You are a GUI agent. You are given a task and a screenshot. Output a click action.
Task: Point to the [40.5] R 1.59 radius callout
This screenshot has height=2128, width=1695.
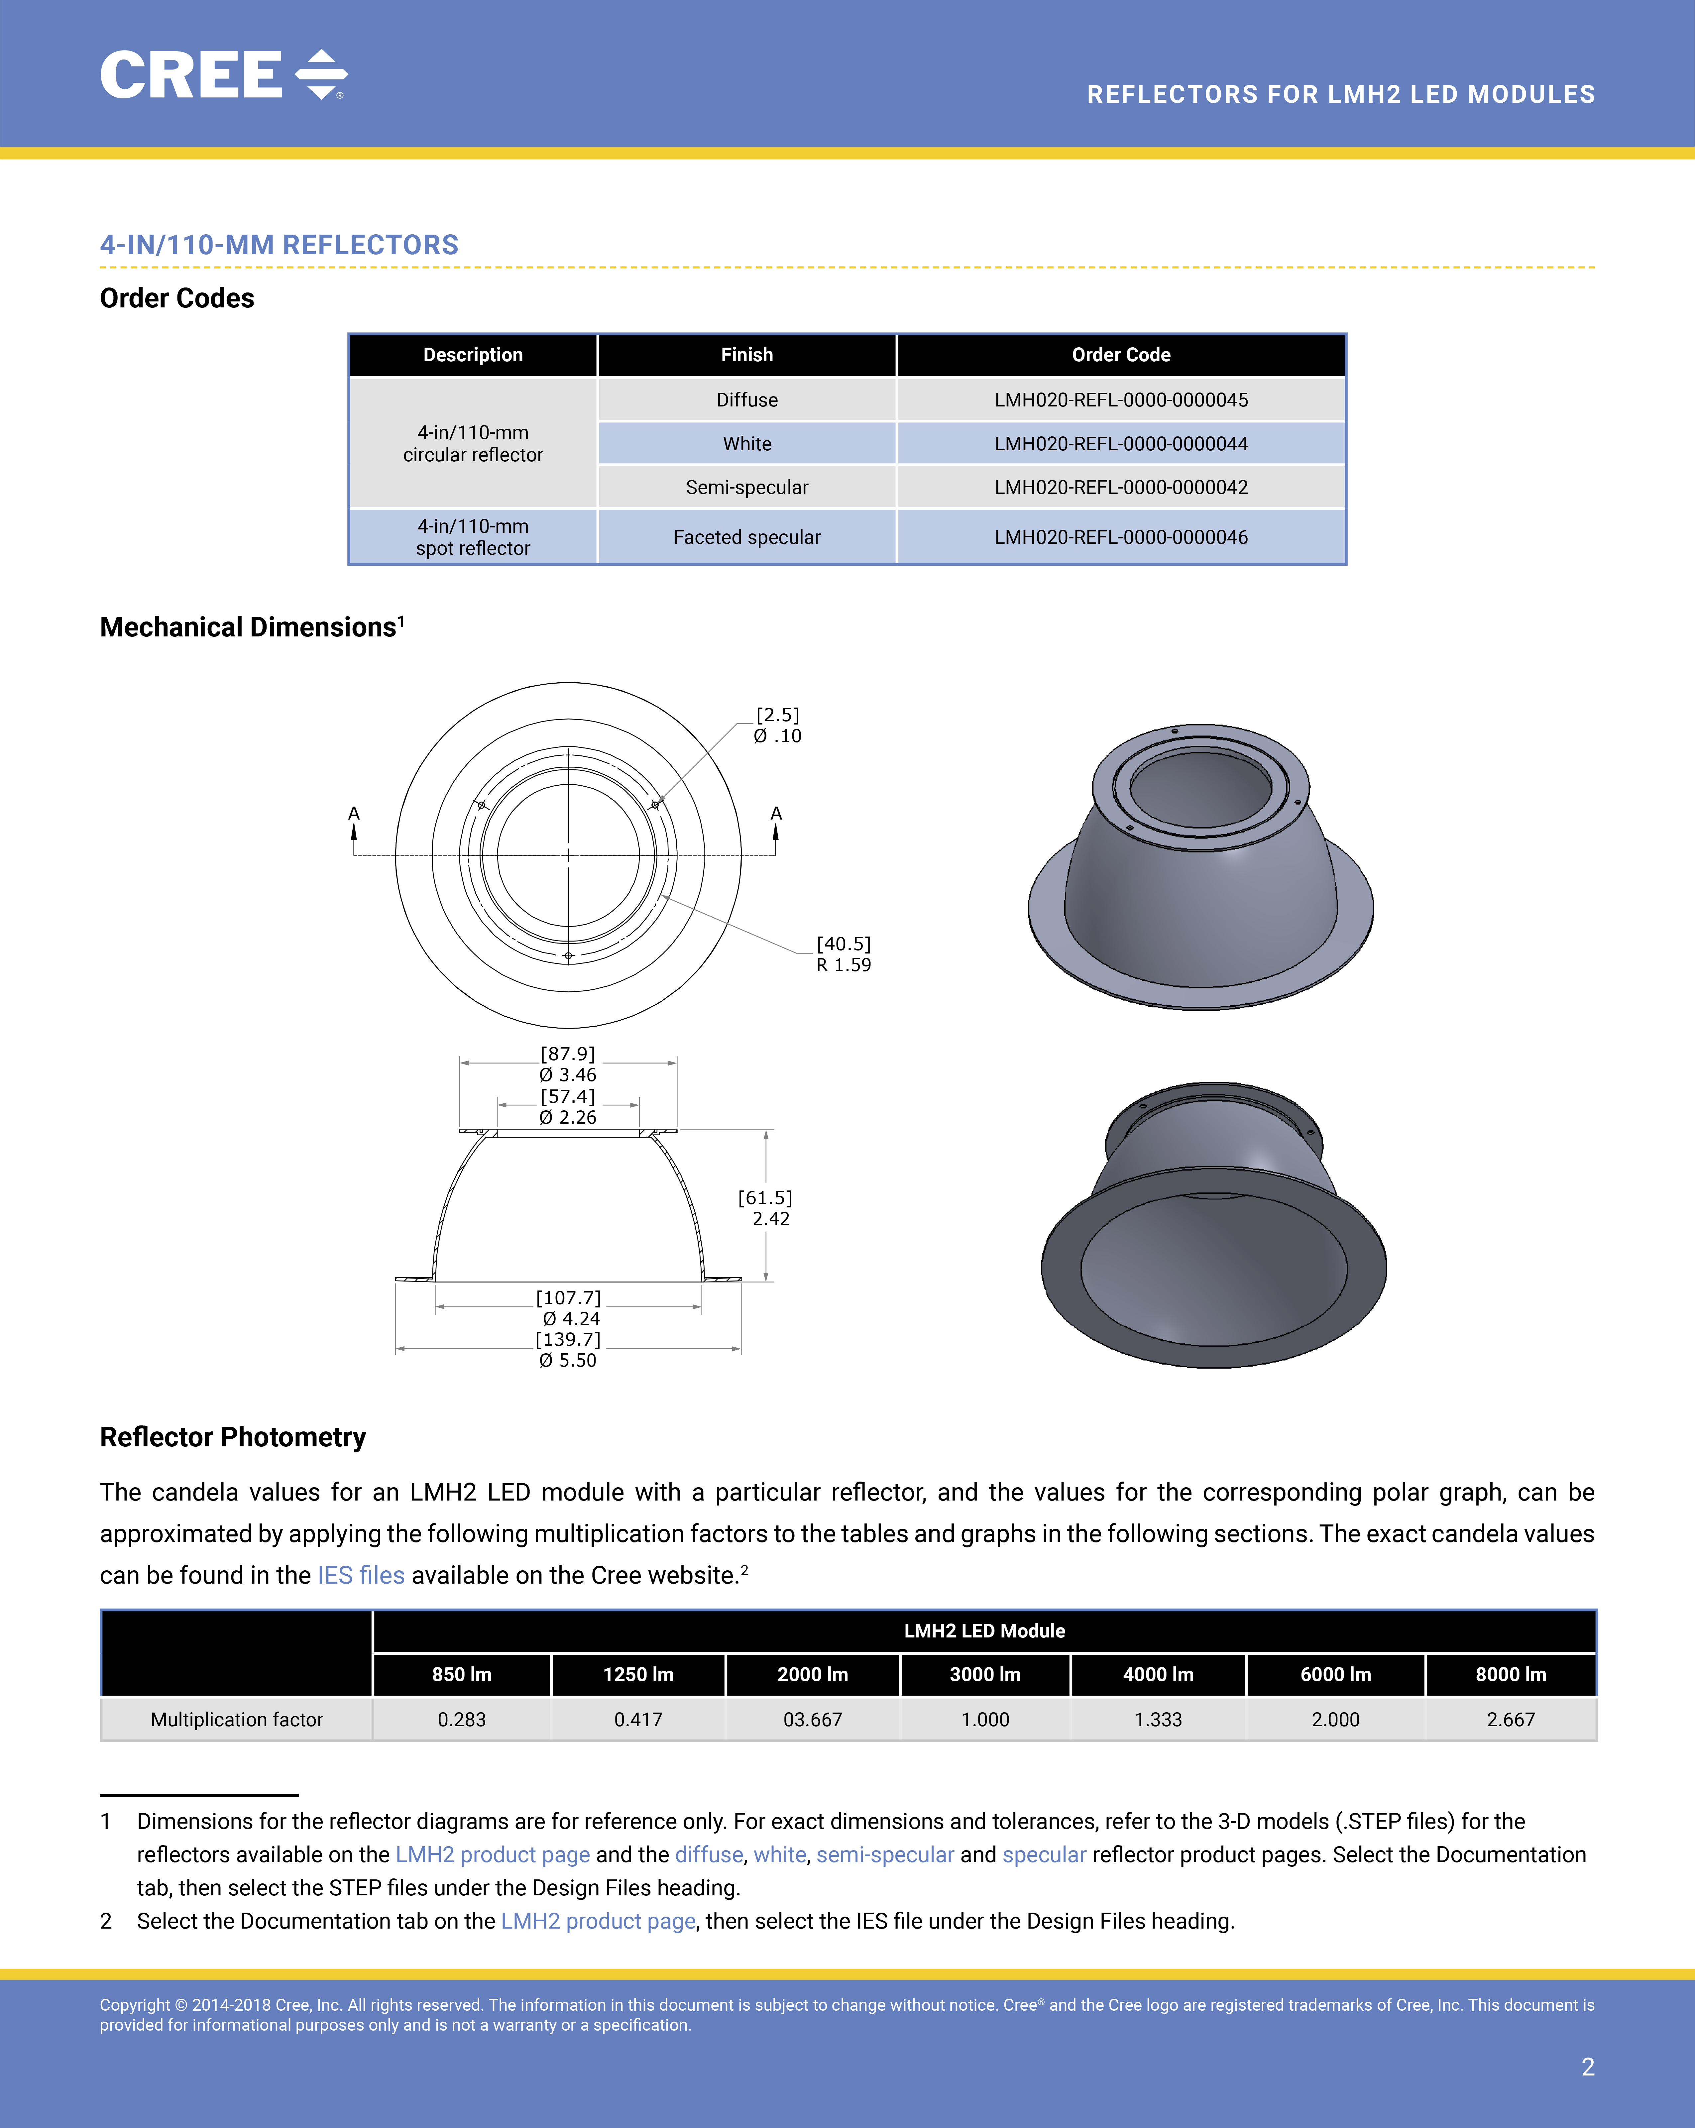click(x=843, y=954)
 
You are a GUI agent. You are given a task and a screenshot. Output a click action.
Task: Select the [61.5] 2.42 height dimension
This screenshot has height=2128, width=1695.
click(x=766, y=1208)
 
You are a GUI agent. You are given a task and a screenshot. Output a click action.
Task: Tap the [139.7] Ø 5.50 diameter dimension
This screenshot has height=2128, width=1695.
click(x=568, y=1349)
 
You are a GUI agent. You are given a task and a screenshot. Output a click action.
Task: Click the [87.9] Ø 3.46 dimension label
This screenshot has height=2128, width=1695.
click(x=568, y=1064)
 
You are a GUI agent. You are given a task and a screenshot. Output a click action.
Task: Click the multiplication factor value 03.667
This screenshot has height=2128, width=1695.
click(x=813, y=1719)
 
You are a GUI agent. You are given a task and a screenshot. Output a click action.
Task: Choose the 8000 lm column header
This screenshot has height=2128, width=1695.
click(x=1511, y=1675)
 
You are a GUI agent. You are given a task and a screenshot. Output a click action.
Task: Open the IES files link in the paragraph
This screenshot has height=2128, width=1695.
click(x=360, y=1575)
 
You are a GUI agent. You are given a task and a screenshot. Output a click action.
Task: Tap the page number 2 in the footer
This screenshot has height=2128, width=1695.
click(x=1587, y=2067)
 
